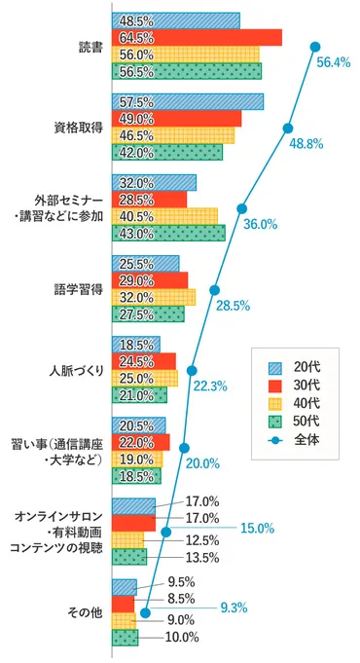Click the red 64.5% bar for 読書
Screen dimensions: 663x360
[x=197, y=37]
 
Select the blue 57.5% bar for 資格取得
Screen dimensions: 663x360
[x=188, y=101]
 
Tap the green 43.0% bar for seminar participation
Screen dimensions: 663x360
[x=168, y=233]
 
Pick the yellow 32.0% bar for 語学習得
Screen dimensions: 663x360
[x=154, y=297]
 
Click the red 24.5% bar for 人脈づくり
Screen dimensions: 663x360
[x=144, y=361]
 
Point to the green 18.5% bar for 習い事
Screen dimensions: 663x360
[x=137, y=476]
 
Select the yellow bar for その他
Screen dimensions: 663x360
[x=124, y=620]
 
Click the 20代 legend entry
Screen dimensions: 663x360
[x=293, y=365]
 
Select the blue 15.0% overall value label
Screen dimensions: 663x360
[x=257, y=528]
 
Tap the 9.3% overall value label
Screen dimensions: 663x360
[x=234, y=608]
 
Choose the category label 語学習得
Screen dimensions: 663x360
[x=79, y=289]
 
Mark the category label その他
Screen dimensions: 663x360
[x=85, y=612]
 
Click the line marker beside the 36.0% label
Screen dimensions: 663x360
[x=241, y=207]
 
